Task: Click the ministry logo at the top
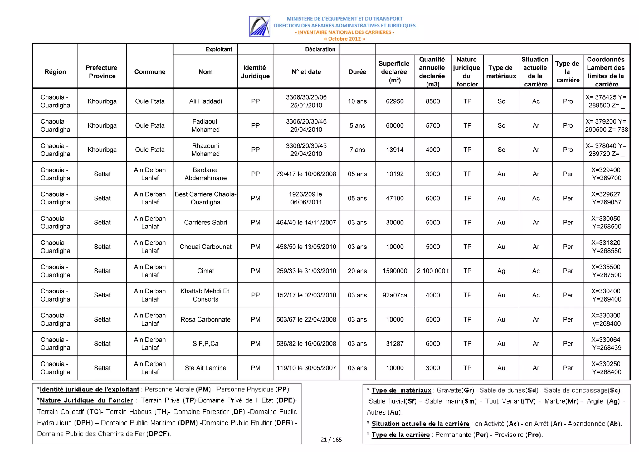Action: (x=259, y=26)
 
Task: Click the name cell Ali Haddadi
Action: (x=205, y=101)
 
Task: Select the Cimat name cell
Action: (x=205, y=271)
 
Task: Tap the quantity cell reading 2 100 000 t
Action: (x=432, y=271)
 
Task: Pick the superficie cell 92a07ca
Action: (x=394, y=295)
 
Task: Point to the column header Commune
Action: (x=150, y=72)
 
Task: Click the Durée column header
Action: (x=357, y=72)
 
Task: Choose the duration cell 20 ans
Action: (x=357, y=271)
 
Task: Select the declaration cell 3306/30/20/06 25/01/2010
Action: (x=306, y=101)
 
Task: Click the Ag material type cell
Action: (x=501, y=271)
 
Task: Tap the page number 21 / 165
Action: (x=331, y=440)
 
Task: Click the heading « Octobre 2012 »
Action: (x=344, y=39)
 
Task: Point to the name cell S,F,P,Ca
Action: (x=205, y=344)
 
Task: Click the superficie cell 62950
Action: (x=394, y=101)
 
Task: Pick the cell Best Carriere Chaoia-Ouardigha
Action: (x=205, y=198)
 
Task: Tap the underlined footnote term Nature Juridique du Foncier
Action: (x=86, y=400)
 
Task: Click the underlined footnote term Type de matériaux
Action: (x=401, y=390)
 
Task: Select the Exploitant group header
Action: (x=218, y=49)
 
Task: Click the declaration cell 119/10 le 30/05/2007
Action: (x=306, y=368)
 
